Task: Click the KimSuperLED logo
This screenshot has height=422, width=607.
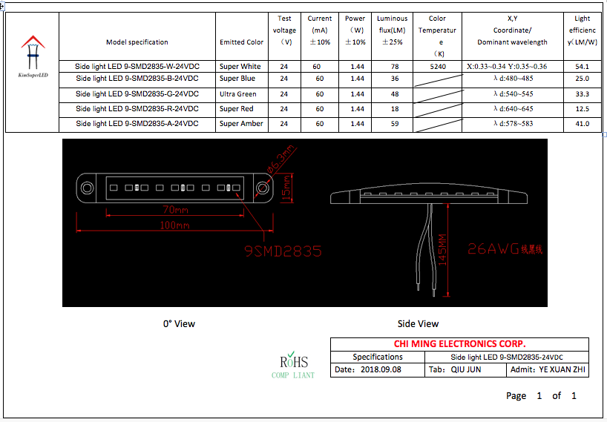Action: pyautogui.click(x=32, y=55)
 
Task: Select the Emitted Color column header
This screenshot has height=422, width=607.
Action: pyautogui.click(x=241, y=42)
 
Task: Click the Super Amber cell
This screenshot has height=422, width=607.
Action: pyautogui.click(x=241, y=124)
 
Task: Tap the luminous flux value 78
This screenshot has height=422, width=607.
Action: pyautogui.click(x=394, y=67)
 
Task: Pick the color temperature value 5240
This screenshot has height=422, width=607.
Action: pyautogui.click(x=437, y=67)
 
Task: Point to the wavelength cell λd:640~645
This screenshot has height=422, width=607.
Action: pyautogui.click(x=513, y=109)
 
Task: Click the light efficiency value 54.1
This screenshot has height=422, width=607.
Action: pyautogui.click(x=582, y=67)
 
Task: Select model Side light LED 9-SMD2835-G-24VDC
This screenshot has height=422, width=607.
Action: pyautogui.click(x=137, y=94)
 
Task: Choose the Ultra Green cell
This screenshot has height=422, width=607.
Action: pyautogui.click(x=238, y=94)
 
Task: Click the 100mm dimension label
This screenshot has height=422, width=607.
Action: pyautogui.click(x=174, y=225)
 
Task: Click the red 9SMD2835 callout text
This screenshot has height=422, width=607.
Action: pyautogui.click(x=283, y=251)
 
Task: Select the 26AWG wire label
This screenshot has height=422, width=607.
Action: pyautogui.click(x=505, y=249)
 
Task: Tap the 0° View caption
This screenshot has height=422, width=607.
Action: pyautogui.click(x=179, y=323)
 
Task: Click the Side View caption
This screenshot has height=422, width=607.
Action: pyautogui.click(x=418, y=323)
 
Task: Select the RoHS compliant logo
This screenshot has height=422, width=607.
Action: pyautogui.click(x=293, y=363)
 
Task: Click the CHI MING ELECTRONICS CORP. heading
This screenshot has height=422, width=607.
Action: pyautogui.click(x=459, y=344)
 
